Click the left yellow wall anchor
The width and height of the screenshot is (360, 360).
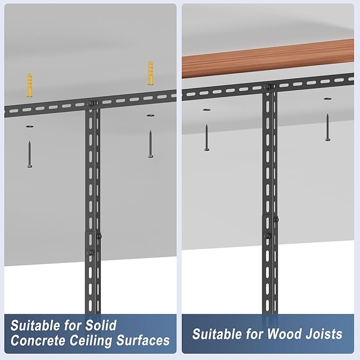(29, 85)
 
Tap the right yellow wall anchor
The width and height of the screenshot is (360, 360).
(151, 73)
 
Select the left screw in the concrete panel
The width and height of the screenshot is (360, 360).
(30, 154)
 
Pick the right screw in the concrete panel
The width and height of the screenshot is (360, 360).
(151, 144)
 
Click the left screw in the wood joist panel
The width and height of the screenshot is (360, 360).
(207, 137)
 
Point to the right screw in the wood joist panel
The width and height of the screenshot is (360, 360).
(328, 127)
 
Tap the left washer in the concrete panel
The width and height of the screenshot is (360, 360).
(29, 126)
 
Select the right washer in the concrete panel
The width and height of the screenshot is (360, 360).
(151, 115)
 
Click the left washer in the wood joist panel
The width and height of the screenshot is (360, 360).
(207, 110)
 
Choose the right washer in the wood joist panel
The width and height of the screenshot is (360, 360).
(328, 99)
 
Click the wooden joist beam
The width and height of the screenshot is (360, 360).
(268, 58)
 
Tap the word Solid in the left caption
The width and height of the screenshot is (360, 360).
(101, 325)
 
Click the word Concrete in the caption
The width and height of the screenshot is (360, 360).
(38, 340)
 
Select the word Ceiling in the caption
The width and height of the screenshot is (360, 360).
(91, 341)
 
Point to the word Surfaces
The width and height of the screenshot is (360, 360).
(143, 340)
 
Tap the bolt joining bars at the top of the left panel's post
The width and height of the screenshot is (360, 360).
(91, 103)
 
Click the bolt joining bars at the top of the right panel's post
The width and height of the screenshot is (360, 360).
(268, 87)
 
